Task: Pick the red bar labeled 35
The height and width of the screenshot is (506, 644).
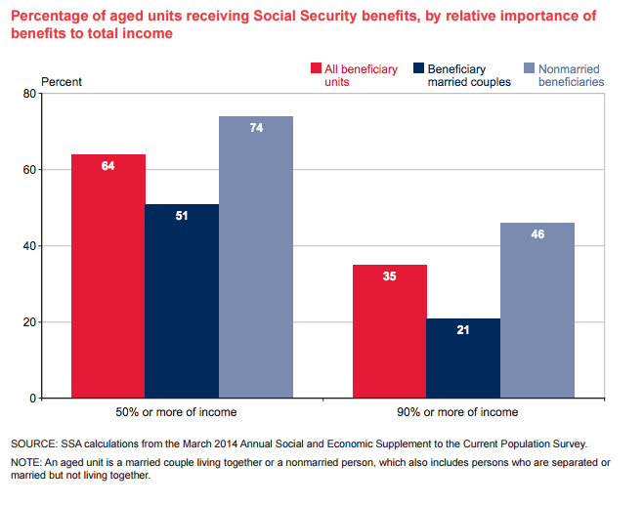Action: coord(390,331)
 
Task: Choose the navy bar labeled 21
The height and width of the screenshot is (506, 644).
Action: coord(463,358)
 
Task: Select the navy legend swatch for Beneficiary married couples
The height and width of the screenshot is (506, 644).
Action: coord(418,69)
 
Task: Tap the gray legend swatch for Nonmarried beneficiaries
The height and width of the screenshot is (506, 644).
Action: coord(530,69)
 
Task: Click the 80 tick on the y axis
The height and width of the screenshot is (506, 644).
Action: coord(56,94)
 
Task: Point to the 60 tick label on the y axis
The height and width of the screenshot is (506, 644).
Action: coord(56,170)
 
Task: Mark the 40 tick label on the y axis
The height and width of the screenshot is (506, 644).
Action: coord(56,246)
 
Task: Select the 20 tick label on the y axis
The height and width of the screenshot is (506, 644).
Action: coord(56,322)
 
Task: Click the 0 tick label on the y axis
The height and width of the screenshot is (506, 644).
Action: coord(59,399)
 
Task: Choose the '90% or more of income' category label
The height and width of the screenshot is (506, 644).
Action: coord(463,412)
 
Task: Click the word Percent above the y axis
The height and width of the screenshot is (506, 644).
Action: coord(62,81)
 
